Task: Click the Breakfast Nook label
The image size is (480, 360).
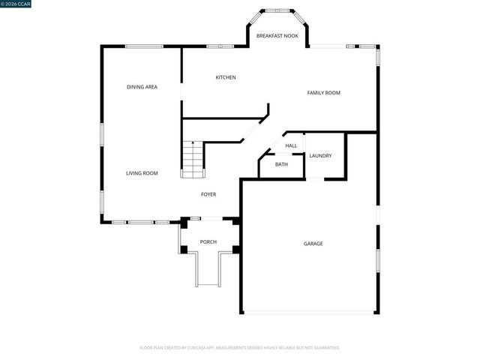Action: click(x=277, y=36)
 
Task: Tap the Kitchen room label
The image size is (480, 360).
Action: click(x=226, y=77)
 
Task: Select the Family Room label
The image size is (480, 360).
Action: click(x=323, y=93)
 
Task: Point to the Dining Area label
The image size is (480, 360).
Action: click(x=141, y=87)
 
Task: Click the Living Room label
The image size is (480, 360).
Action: click(x=141, y=173)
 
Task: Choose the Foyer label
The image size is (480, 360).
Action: click(x=208, y=194)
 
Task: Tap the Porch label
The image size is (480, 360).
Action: click(x=208, y=241)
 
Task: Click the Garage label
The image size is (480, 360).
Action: click(x=313, y=244)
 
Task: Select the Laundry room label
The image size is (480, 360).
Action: click(x=320, y=155)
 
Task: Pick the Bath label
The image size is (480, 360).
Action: click(x=281, y=164)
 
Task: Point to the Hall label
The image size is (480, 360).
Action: click(x=291, y=145)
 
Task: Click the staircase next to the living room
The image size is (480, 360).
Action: click(x=193, y=160)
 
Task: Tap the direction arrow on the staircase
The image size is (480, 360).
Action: click(x=193, y=145)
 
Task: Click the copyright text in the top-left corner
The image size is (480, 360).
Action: click(x=16, y=4)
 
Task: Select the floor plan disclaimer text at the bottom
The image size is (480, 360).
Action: click(x=240, y=348)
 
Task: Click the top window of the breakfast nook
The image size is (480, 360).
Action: click(x=277, y=10)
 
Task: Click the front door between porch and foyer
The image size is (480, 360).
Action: click(x=211, y=218)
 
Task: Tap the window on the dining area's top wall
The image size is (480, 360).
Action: click(x=145, y=46)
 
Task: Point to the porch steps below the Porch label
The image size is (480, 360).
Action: click(x=208, y=270)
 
